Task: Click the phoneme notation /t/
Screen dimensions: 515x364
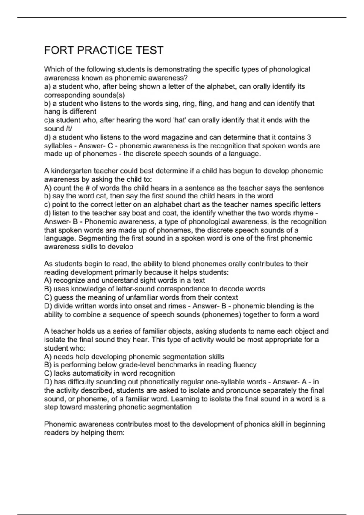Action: (69, 129)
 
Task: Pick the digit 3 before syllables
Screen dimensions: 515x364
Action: (309, 137)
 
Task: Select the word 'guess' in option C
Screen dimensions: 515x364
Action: (63, 297)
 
